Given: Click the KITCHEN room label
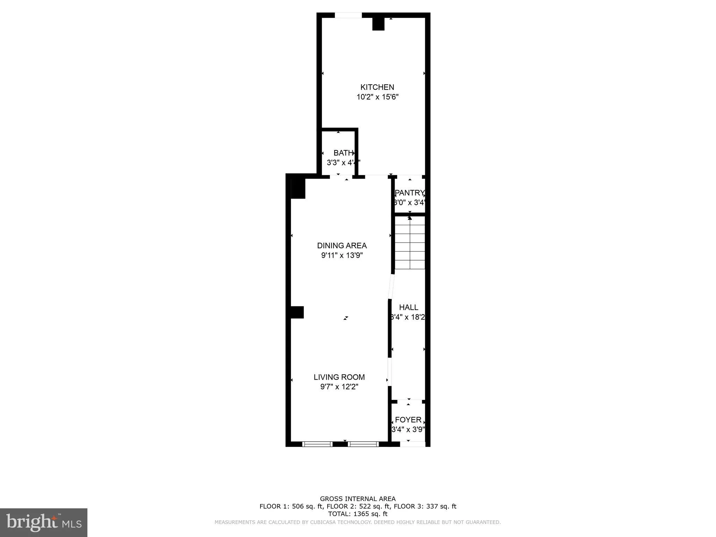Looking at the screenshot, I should [x=377, y=87].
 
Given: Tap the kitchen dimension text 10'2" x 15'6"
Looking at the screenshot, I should [x=377, y=97].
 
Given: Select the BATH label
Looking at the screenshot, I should [x=343, y=153].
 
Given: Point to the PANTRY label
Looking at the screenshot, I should [x=409, y=193].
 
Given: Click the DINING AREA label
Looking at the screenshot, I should [x=342, y=245].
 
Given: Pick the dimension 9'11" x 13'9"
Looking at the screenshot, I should [x=342, y=255].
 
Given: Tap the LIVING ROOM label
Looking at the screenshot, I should [x=339, y=377].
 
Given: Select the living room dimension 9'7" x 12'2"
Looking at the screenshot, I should [x=339, y=387].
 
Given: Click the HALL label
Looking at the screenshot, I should [x=408, y=307].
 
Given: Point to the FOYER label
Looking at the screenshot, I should [x=408, y=420].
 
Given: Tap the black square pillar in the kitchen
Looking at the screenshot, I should [x=378, y=24].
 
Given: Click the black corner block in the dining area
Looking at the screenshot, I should [x=298, y=188].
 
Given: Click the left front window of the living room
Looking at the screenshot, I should [x=317, y=444].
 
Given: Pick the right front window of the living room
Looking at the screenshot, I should [x=363, y=444].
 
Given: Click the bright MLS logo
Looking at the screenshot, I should [x=44, y=522].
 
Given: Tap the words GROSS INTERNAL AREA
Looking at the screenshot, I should [x=358, y=499].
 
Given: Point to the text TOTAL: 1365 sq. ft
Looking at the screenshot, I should [x=358, y=514].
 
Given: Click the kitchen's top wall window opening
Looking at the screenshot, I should [x=348, y=15].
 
